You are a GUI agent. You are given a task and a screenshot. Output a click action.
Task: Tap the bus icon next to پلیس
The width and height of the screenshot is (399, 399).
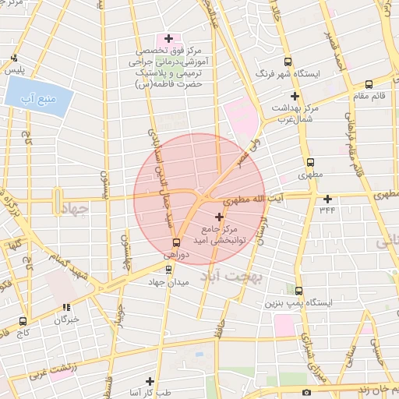click(x=15, y=58)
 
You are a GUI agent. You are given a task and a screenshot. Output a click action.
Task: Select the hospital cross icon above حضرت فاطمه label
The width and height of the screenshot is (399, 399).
click(x=168, y=38)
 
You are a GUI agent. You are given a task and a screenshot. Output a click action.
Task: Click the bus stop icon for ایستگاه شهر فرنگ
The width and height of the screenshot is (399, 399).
click(x=288, y=62)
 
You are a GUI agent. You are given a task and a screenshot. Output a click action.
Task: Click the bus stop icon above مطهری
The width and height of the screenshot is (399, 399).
click(x=311, y=163)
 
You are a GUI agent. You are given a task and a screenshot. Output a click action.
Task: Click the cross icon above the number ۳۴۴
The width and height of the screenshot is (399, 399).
click(x=327, y=198)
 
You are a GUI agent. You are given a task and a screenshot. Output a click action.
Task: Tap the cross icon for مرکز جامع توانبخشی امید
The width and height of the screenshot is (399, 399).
click(x=218, y=216)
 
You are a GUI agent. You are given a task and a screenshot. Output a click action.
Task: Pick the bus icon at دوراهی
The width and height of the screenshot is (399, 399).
click(x=176, y=242)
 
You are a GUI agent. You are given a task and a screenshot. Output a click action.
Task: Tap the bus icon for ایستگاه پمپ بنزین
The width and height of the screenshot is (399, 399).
click(x=298, y=289)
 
